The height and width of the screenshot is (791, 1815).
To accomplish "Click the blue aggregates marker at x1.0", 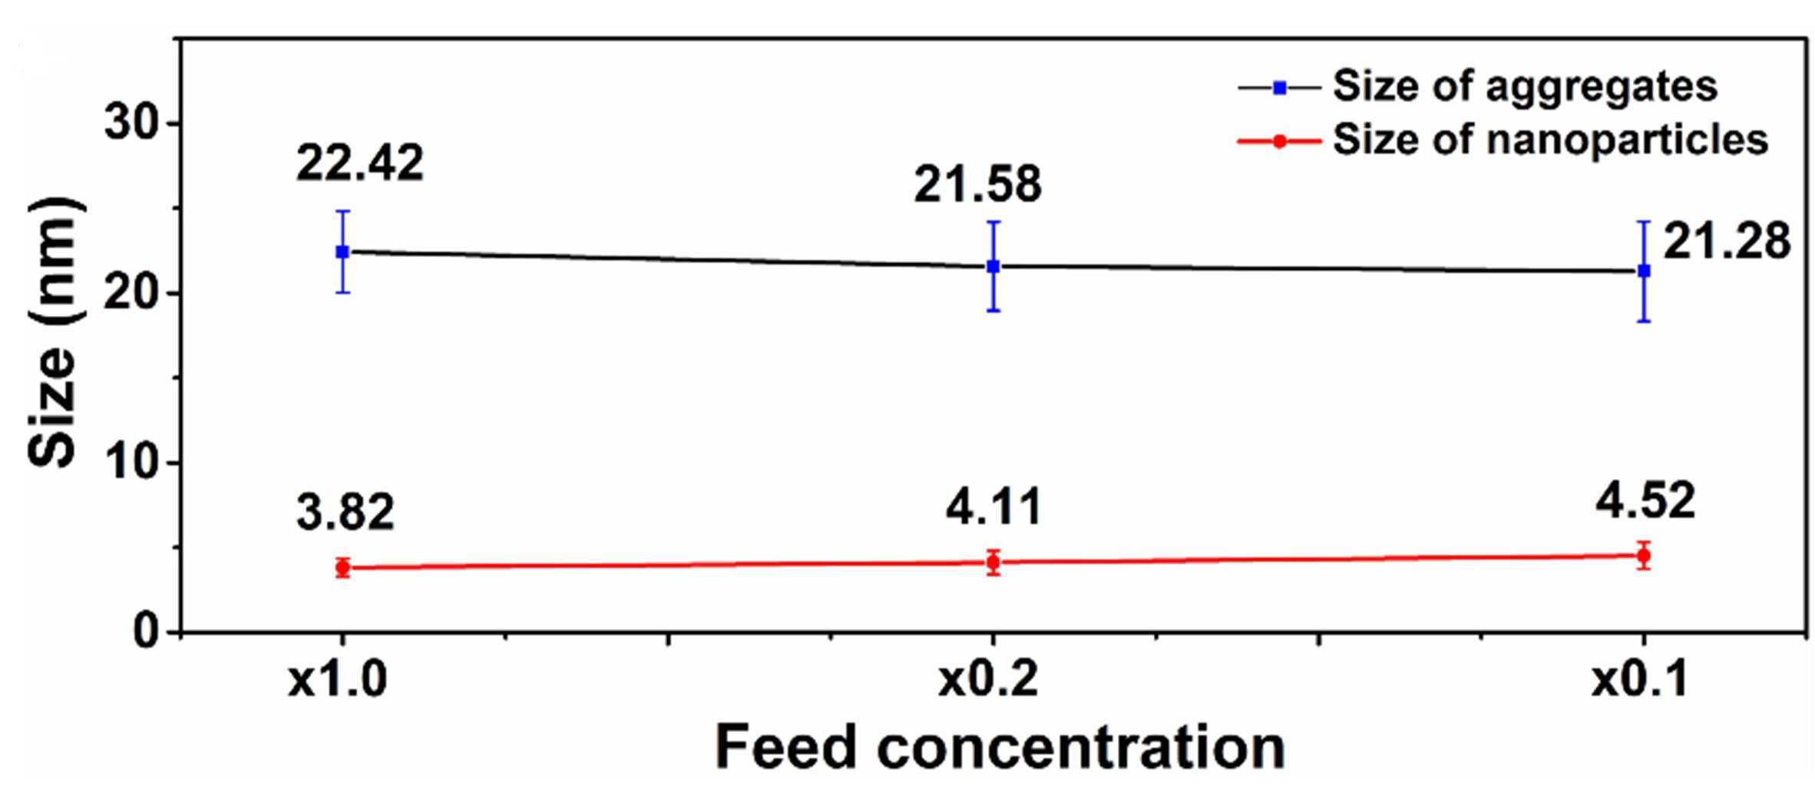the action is tap(342, 252).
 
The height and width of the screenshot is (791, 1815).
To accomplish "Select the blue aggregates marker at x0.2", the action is tap(993, 266).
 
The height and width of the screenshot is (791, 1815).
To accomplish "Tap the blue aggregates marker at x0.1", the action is tap(1644, 271).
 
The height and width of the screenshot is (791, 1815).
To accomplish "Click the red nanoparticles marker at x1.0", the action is tap(342, 568).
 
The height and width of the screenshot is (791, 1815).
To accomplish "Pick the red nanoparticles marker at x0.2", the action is tap(993, 562).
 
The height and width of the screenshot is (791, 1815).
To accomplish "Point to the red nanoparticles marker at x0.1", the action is tap(1644, 555).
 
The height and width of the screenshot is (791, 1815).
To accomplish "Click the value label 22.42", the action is tap(359, 163).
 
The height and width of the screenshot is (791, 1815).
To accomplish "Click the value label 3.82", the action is tap(345, 512).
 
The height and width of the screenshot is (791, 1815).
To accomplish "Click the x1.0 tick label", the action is tap(338, 680).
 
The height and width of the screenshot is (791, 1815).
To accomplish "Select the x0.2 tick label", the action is tap(988, 680).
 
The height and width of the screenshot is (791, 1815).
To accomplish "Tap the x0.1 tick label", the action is tap(1639, 680).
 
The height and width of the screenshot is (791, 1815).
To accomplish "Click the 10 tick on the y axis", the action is tap(131, 463).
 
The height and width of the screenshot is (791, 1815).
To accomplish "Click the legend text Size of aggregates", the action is tap(1525, 86).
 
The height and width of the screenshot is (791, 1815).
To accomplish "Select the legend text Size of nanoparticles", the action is tap(1550, 140).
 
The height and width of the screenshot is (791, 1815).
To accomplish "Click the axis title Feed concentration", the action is tap(1000, 747).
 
